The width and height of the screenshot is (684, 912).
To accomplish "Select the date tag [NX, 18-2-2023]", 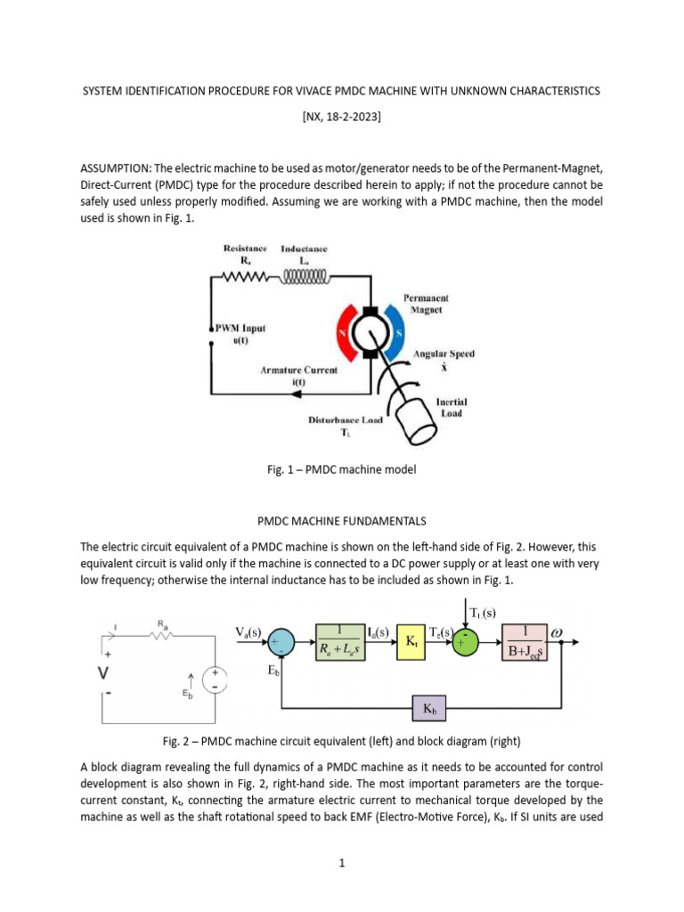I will pos(342,116).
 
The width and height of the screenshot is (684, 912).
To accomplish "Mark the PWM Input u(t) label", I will pos(240,335).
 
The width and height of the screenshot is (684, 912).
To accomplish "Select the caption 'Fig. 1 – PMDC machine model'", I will pos(342,469).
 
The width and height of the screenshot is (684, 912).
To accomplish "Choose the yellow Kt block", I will pos(411,641).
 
